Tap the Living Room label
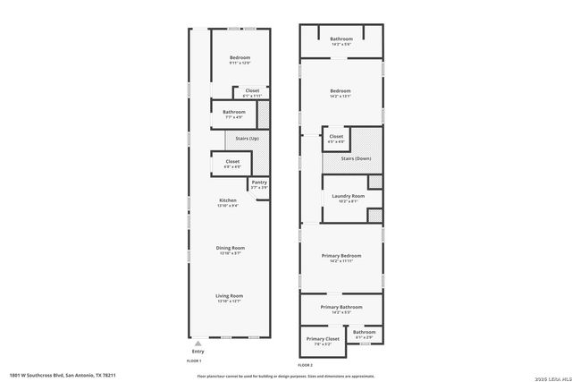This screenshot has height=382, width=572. (230, 295)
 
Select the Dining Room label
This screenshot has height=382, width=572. (230, 248)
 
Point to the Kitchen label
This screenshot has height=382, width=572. (227, 199)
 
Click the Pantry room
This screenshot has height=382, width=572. (259, 184)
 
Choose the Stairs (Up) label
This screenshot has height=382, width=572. (247, 139)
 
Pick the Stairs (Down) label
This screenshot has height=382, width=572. (356, 158)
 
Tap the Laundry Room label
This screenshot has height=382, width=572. (348, 196)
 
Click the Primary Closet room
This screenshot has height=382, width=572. (323, 341)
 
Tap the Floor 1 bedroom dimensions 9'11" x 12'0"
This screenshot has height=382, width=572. (240, 63)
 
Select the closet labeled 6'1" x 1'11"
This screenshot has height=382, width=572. (252, 94)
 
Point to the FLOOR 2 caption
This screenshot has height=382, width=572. (307, 364)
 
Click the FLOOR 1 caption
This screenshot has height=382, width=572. (194, 361)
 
